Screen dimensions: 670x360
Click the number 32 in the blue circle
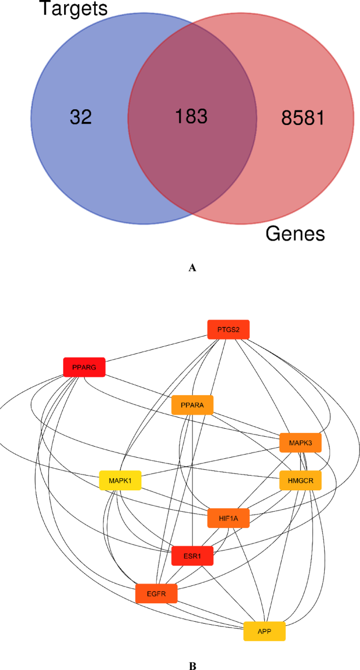click(80, 117)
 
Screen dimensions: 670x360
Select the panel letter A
click(192, 268)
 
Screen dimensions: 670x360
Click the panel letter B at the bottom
click(192, 665)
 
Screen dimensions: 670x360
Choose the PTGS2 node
click(228, 329)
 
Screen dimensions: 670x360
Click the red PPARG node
click(84, 367)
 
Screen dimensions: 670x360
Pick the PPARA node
click(192, 405)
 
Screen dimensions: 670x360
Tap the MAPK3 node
click(300, 442)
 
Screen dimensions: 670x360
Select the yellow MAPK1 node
click(120, 480)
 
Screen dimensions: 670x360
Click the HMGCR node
click(300, 480)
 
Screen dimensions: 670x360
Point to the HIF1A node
click(228, 518)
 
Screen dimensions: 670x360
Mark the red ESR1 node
click(192, 555)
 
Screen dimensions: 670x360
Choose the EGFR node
click(156, 593)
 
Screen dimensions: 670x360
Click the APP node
click(264, 631)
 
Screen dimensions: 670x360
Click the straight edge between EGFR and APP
click(210, 612)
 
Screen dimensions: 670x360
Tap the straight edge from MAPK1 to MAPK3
click(210, 461)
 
